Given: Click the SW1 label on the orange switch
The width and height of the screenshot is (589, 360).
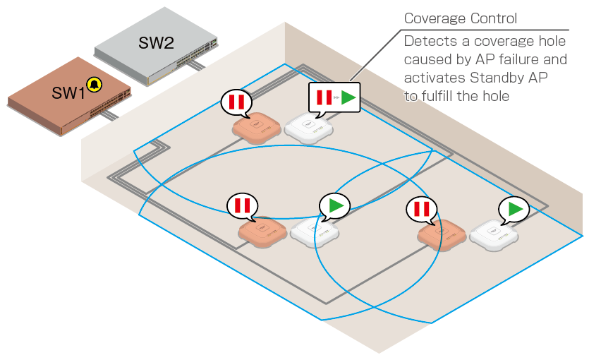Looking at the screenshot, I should click(x=68, y=92).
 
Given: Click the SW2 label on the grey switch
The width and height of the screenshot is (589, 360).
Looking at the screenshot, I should click(x=156, y=42).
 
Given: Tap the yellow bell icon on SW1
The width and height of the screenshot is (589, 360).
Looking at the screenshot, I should click(x=94, y=85).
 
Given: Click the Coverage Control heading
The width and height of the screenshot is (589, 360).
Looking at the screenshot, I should click(x=461, y=18).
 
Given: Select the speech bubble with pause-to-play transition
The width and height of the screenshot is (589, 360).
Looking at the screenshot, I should click(x=334, y=97).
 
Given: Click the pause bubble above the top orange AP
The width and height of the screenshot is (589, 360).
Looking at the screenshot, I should click(x=236, y=102).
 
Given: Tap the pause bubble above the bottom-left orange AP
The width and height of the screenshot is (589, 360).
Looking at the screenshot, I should click(x=243, y=205).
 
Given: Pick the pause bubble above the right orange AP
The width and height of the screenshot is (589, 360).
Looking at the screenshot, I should click(x=423, y=209).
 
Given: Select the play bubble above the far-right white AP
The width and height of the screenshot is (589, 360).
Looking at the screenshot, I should click(x=515, y=209).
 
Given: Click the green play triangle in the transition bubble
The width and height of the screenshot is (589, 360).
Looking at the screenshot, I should click(x=348, y=97).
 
